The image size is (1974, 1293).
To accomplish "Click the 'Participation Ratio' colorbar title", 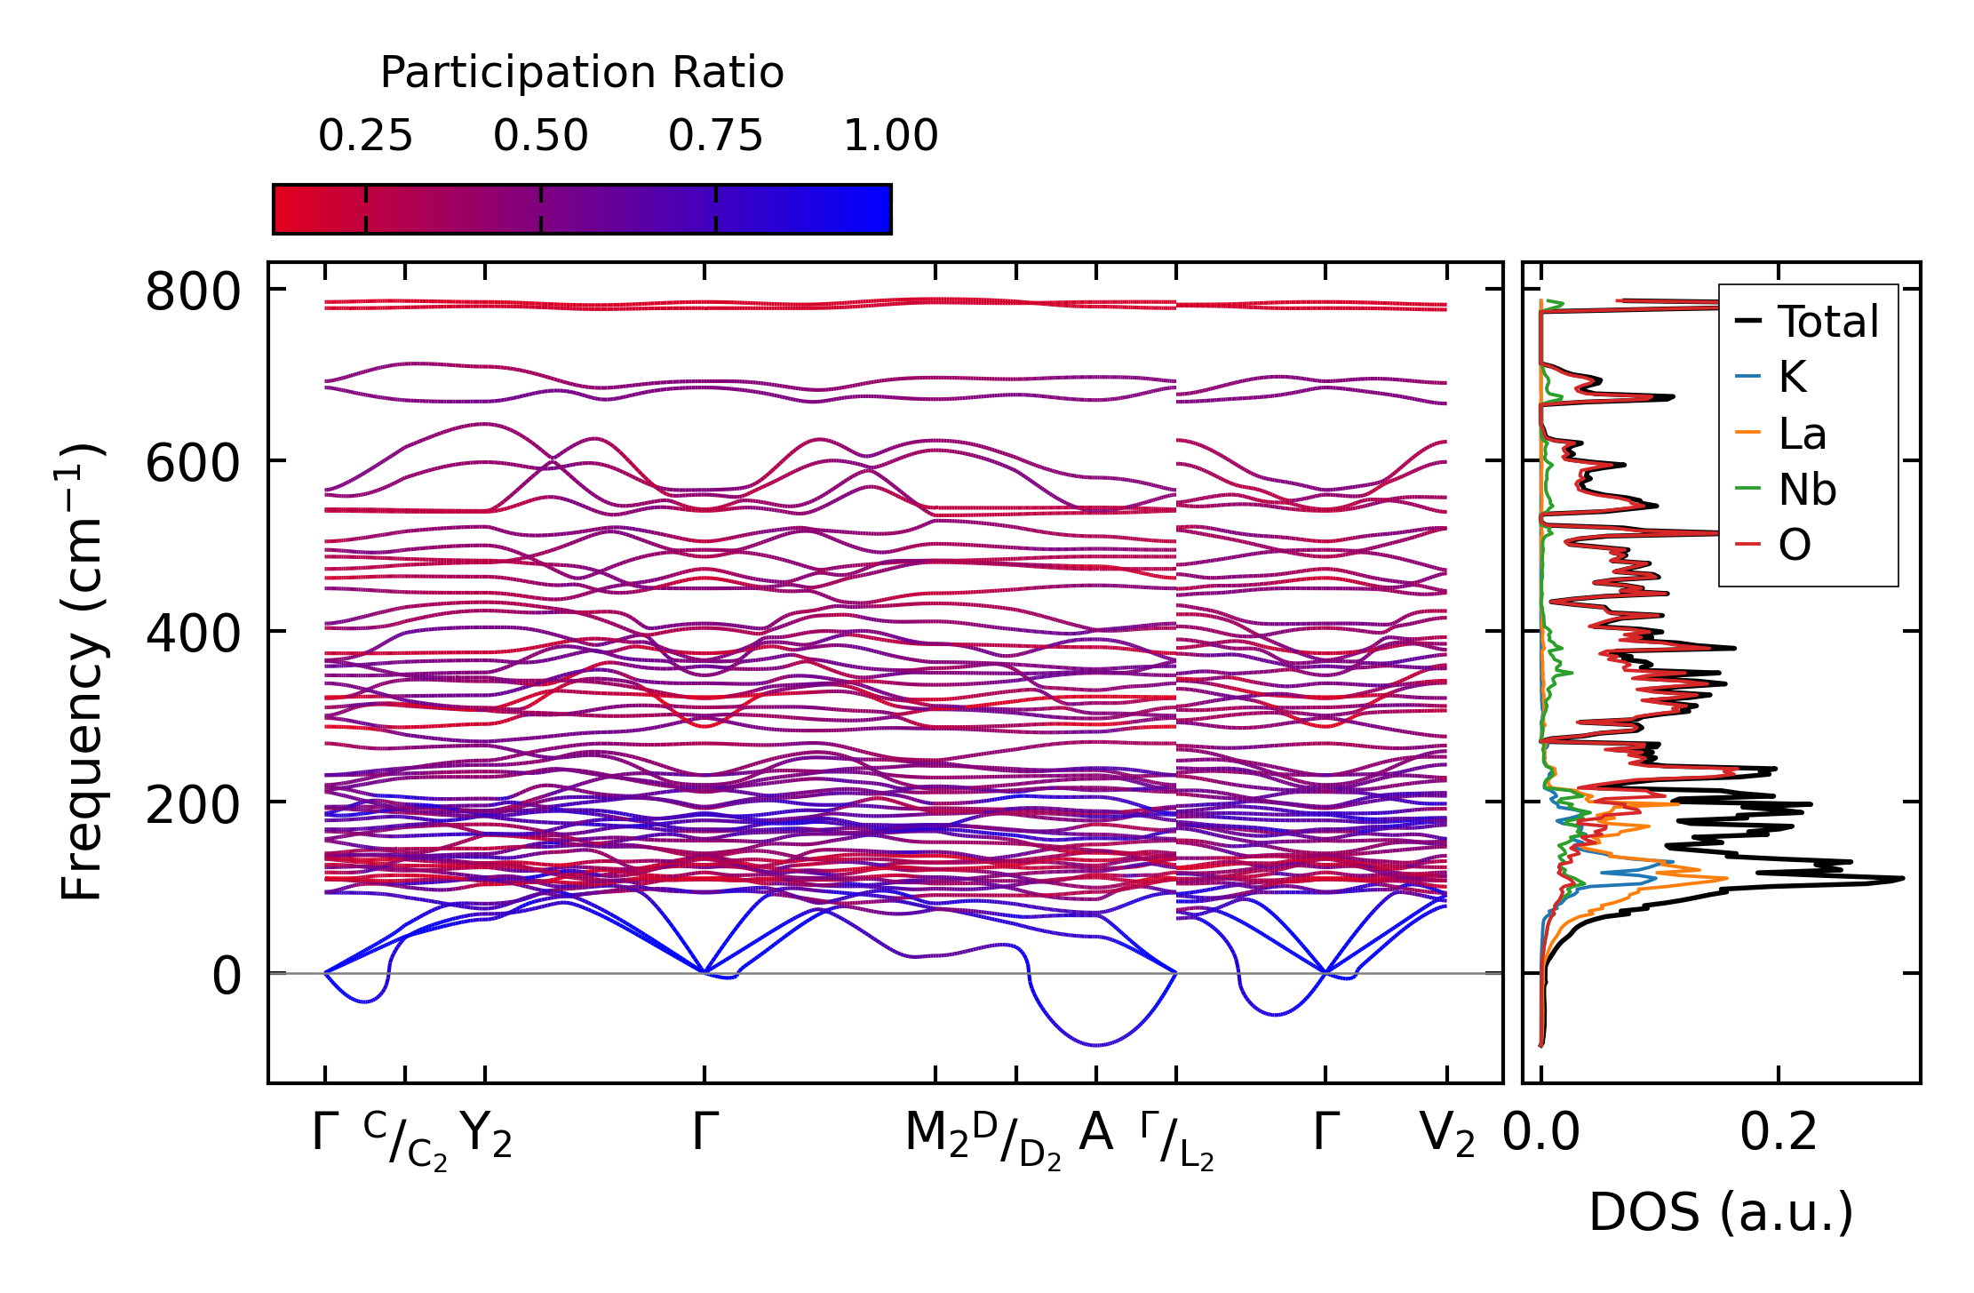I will [x=582, y=73].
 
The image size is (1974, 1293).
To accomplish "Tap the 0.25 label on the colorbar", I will [x=365, y=136].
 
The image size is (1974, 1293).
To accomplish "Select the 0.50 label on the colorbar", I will [x=540, y=136].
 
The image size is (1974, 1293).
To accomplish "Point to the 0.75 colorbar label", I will [x=715, y=136].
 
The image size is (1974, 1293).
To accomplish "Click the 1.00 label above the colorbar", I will [x=890, y=136].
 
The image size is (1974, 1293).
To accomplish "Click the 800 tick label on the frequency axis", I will [x=193, y=291].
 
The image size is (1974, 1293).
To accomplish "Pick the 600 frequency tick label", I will [x=193, y=462].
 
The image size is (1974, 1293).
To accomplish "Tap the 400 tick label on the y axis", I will [x=193, y=634].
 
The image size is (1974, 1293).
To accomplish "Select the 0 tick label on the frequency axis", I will [x=227, y=976].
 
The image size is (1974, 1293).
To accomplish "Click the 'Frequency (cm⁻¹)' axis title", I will [x=82, y=672].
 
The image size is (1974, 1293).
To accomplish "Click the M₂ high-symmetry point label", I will [x=936, y=1134].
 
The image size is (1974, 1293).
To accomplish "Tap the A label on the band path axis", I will [x=1095, y=1132].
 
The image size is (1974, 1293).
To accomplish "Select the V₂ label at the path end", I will [x=1447, y=1134].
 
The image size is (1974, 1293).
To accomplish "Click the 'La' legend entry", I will [x=1802, y=434].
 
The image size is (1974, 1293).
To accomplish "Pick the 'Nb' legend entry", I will [x=1806, y=490].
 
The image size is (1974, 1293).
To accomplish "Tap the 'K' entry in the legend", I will [x=1792, y=377].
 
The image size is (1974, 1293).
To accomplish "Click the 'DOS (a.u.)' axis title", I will [x=1721, y=1212].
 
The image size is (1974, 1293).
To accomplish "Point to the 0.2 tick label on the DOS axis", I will [x=1778, y=1132].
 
